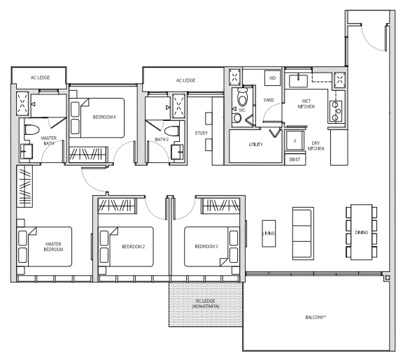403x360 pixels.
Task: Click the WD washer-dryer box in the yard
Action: click(x=272, y=78)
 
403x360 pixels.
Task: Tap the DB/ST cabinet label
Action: click(x=295, y=159)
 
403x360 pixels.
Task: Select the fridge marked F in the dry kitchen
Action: click(x=295, y=141)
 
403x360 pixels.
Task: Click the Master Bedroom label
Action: click(x=53, y=247)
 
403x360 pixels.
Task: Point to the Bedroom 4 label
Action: click(x=104, y=117)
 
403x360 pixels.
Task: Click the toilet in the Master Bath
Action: click(x=31, y=130)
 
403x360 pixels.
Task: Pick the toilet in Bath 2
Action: click(x=171, y=131)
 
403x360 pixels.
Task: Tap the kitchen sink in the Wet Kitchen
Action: click(x=298, y=80)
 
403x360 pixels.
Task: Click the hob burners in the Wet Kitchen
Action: click(x=336, y=111)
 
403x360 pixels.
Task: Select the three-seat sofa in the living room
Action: click(x=303, y=233)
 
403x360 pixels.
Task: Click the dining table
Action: click(x=361, y=232)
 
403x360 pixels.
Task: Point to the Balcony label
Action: click(x=316, y=317)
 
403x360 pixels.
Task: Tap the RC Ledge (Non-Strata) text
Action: click(x=206, y=304)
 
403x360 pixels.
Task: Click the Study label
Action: click(x=201, y=133)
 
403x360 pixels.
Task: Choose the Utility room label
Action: click(x=256, y=144)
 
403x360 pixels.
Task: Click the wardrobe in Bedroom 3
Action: click(x=220, y=206)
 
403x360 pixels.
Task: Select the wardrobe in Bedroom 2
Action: click(x=118, y=206)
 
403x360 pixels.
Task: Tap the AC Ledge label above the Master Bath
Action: click(x=41, y=78)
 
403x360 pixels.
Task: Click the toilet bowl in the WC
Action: click(x=242, y=97)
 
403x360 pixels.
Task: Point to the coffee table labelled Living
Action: click(x=269, y=233)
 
